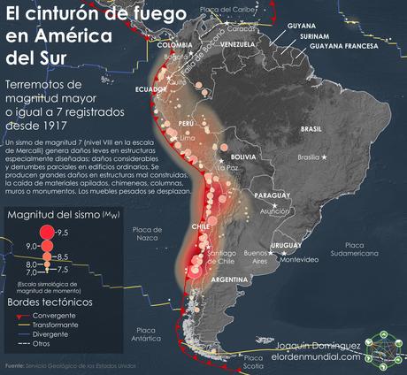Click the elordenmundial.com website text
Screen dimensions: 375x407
tap(318, 358)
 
